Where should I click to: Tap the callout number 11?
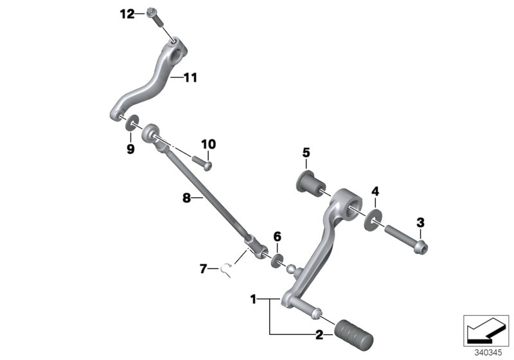[190, 78]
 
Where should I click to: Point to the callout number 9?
[130, 149]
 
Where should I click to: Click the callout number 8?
[186, 199]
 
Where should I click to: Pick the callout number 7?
[203, 269]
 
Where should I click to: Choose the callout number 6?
[278, 237]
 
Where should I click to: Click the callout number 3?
[421, 222]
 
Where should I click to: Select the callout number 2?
[319, 334]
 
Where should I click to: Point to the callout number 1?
[253, 299]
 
